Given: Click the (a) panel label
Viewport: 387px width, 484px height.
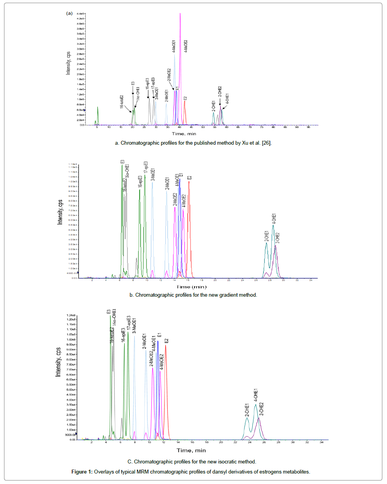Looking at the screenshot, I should coord(69,13).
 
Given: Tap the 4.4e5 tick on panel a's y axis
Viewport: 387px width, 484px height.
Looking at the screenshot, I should coord(80,14).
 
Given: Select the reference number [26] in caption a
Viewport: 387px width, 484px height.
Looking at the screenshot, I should coord(266,143).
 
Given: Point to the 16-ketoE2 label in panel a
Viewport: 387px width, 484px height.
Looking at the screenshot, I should coord(121,102).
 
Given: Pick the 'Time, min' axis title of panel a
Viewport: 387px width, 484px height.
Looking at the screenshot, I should coord(184,134).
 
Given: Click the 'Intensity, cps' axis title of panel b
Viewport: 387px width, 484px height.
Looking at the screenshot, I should coord(60,212).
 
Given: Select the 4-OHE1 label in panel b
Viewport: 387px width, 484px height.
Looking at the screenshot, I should coord(274,219).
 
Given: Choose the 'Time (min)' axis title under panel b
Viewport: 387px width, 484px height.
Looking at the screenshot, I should coord(192,287).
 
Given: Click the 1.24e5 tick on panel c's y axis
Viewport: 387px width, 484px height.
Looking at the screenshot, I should coord(71,315).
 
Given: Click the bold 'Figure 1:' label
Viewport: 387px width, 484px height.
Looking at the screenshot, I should coord(82,472).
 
